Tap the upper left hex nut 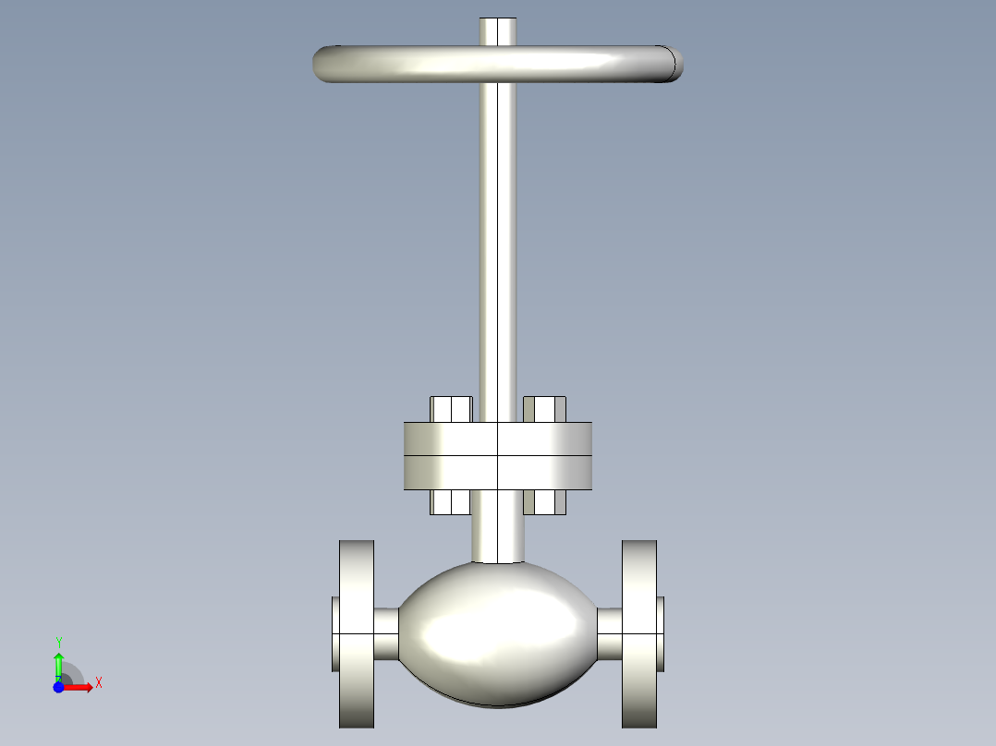451,409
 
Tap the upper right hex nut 544,409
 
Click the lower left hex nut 451,501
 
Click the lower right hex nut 544,501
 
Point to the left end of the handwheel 325,65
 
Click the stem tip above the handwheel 497,30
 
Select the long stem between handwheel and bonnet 497,249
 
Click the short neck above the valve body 497,535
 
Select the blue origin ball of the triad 58,688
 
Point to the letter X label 99,683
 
